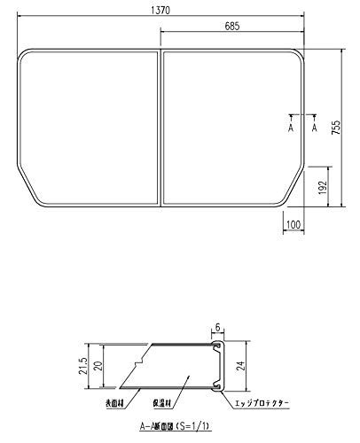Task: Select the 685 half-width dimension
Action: point(232,28)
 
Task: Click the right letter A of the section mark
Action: point(316,128)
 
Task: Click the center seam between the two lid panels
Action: point(160,128)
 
